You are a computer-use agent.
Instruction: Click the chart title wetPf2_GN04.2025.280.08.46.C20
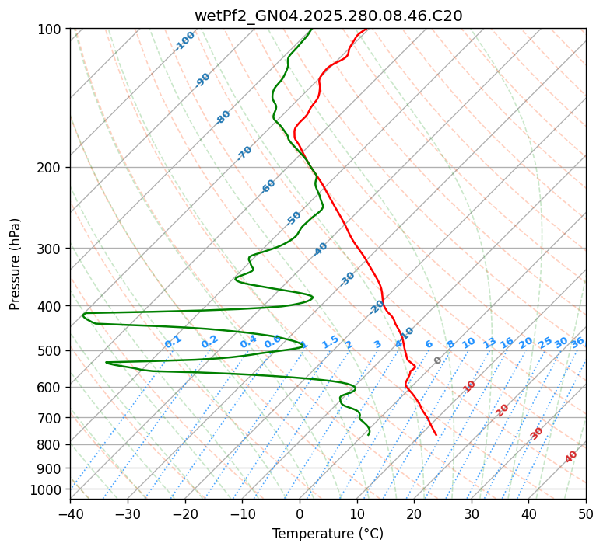tap(328, 16)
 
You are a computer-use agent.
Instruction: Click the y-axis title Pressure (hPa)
tap(16, 264)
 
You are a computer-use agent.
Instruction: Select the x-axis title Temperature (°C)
tap(328, 534)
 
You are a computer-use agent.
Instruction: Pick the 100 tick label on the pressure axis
tap(50, 30)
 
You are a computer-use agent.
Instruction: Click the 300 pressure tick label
tap(50, 249)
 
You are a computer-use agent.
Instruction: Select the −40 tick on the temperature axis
tap(70, 513)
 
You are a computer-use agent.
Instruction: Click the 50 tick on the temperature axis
tap(586, 513)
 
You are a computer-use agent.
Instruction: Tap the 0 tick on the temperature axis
tap(300, 513)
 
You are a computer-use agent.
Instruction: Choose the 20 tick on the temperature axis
tap(414, 513)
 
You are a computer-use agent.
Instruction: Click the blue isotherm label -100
tap(184, 41)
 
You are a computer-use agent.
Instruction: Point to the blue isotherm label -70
tap(244, 153)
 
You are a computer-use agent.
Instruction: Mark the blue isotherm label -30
tap(347, 279)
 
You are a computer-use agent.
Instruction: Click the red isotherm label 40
tap(571, 457)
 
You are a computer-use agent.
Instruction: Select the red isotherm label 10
tap(469, 386)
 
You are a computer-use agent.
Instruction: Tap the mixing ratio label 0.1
tap(173, 342)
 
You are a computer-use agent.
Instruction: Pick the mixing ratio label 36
tap(577, 342)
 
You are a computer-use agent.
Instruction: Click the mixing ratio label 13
tap(489, 343)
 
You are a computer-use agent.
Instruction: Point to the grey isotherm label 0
tap(437, 360)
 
